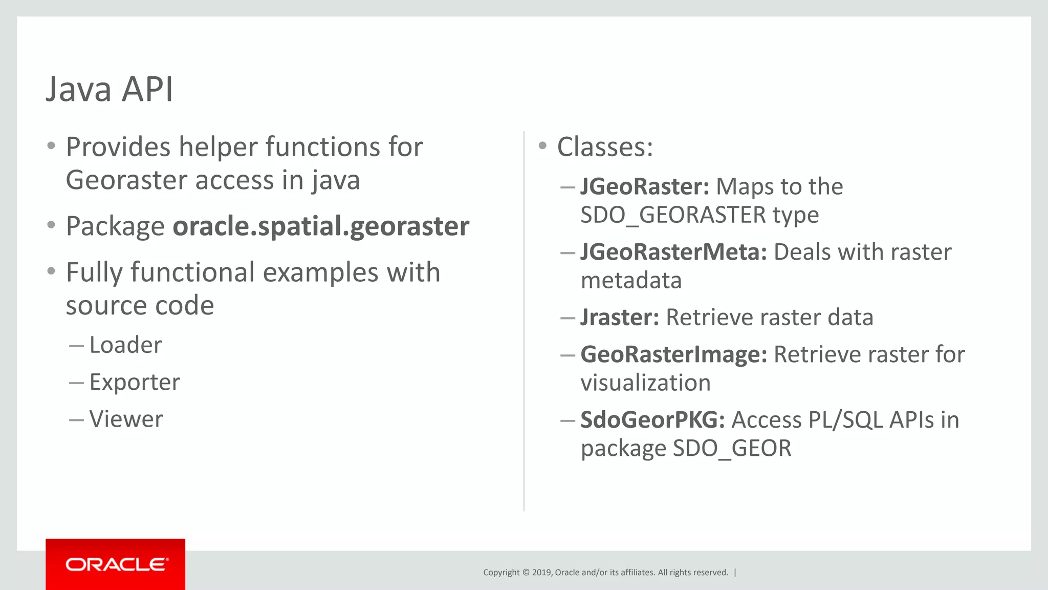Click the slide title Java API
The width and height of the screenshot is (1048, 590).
[x=110, y=90]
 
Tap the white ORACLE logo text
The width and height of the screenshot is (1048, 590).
[x=116, y=564]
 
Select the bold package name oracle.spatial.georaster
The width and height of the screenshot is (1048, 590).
[x=321, y=226]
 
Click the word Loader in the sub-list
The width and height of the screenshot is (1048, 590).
[x=125, y=345]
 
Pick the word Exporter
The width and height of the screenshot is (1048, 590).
[x=135, y=382]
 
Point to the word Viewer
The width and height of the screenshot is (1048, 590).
[x=126, y=419]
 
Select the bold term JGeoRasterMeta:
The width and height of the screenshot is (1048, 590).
[x=673, y=252]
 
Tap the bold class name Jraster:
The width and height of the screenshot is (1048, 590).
[x=620, y=318]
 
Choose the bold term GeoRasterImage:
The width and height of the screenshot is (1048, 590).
[x=673, y=354]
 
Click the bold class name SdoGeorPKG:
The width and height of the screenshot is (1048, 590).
[x=652, y=420]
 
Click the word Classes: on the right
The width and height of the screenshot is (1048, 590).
[x=605, y=147]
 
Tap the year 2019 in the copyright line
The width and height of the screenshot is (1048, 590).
[x=541, y=573]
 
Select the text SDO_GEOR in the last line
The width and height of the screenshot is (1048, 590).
[x=732, y=449]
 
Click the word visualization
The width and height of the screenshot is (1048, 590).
[x=645, y=383]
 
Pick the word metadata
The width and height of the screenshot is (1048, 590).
[x=631, y=281]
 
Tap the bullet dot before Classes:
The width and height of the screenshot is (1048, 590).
[x=542, y=146]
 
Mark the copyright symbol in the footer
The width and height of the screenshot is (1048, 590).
[x=526, y=573]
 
